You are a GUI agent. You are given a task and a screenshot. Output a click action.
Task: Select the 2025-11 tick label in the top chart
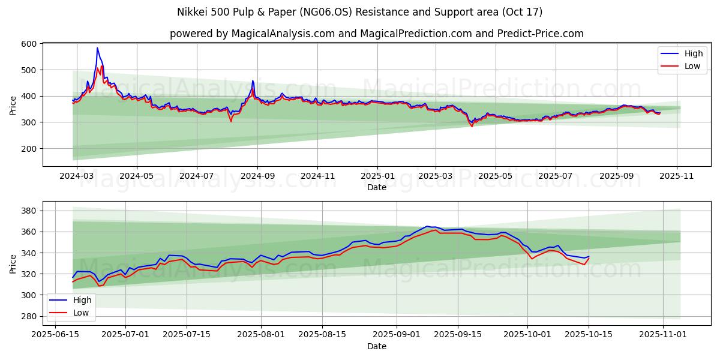pyautogui.click(x=677, y=176)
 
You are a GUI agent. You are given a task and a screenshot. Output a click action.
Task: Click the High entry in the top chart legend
pyautogui.click(x=692, y=53)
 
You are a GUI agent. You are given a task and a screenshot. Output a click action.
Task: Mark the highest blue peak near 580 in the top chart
pyautogui.click(x=97, y=48)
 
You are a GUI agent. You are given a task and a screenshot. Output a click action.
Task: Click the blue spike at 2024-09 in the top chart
pyautogui.click(x=253, y=80)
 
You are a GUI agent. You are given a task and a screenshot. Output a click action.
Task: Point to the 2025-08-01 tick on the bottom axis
pyautogui.click(x=262, y=335)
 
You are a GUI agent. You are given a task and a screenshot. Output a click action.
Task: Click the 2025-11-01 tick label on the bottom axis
pyautogui.click(x=663, y=335)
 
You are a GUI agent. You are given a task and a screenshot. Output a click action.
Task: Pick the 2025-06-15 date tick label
pyautogui.click(x=56, y=335)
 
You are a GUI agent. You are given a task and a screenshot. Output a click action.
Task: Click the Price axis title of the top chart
pyautogui.click(x=13, y=104)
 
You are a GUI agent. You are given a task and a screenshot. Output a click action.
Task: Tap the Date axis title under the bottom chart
pyautogui.click(x=377, y=346)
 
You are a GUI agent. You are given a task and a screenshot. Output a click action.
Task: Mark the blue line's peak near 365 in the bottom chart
pyautogui.click(x=427, y=226)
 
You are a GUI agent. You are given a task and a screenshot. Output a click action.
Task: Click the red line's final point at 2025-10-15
pyautogui.click(x=589, y=259)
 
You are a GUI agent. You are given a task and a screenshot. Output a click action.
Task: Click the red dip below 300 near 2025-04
pyautogui.click(x=472, y=126)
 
